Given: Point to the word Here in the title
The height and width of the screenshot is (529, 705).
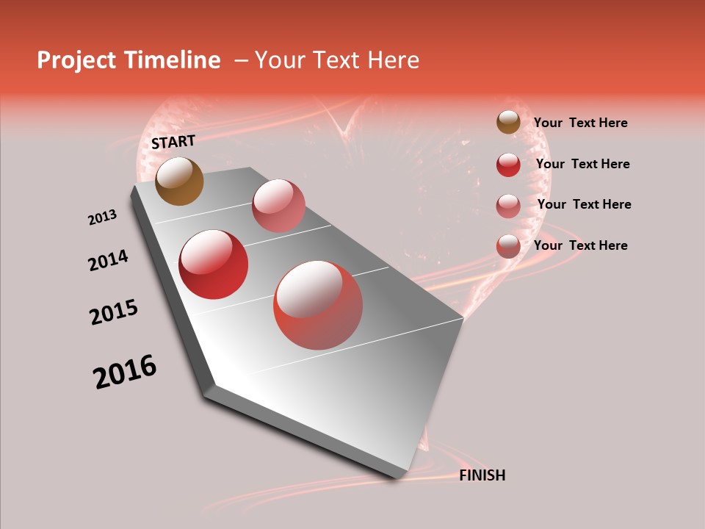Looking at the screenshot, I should click(x=393, y=60).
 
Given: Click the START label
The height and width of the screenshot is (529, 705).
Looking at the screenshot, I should click(x=173, y=142).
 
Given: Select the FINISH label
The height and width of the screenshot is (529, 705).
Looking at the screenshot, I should click(x=482, y=475).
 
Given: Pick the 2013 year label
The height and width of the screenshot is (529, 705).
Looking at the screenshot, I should click(x=102, y=217).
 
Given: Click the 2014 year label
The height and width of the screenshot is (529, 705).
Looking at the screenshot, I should click(x=108, y=260).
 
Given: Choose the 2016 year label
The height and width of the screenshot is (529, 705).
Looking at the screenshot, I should click(x=125, y=372).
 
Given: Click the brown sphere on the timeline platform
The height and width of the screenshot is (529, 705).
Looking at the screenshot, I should click(x=179, y=181).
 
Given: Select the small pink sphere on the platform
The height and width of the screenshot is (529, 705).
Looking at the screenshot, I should click(x=278, y=205).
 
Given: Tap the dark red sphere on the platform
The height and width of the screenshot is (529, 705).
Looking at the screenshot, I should click(x=213, y=264).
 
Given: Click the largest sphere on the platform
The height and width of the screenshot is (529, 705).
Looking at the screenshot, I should click(x=318, y=305).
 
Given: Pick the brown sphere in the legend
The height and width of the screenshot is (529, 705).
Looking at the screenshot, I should click(x=508, y=123).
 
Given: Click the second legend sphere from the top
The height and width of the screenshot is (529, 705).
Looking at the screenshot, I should click(x=508, y=165).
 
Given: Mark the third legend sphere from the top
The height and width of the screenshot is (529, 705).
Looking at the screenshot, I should click(x=508, y=206).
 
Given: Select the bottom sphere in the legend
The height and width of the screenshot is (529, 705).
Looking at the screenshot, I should click(x=508, y=246).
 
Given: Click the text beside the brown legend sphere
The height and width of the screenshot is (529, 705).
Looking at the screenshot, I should click(x=580, y=123).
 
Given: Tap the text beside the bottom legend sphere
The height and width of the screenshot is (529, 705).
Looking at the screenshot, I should click(x=580, y=245).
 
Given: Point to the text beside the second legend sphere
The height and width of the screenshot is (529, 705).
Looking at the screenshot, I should click(x=582, y=164).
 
